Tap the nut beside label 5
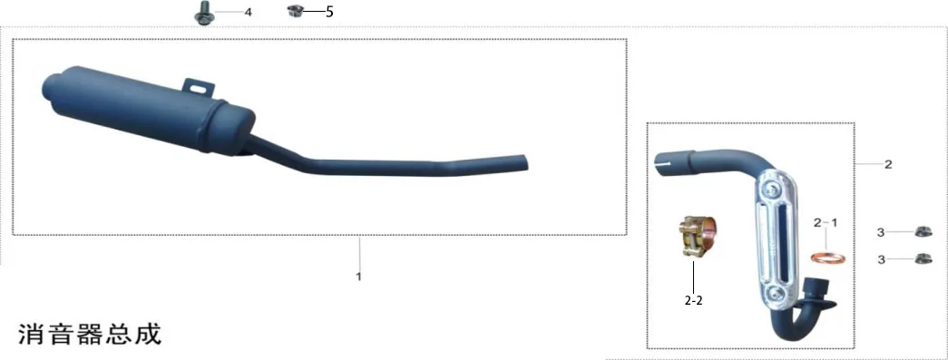click(295, 10)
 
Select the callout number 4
click(248, 12)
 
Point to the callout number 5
click(329, 12)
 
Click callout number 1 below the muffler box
click(358, 277)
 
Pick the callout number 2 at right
click(888, 164)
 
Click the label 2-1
click(826, 223)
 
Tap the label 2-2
click(693, 300)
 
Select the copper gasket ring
click(827, 259)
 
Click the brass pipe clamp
click(694, 238)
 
